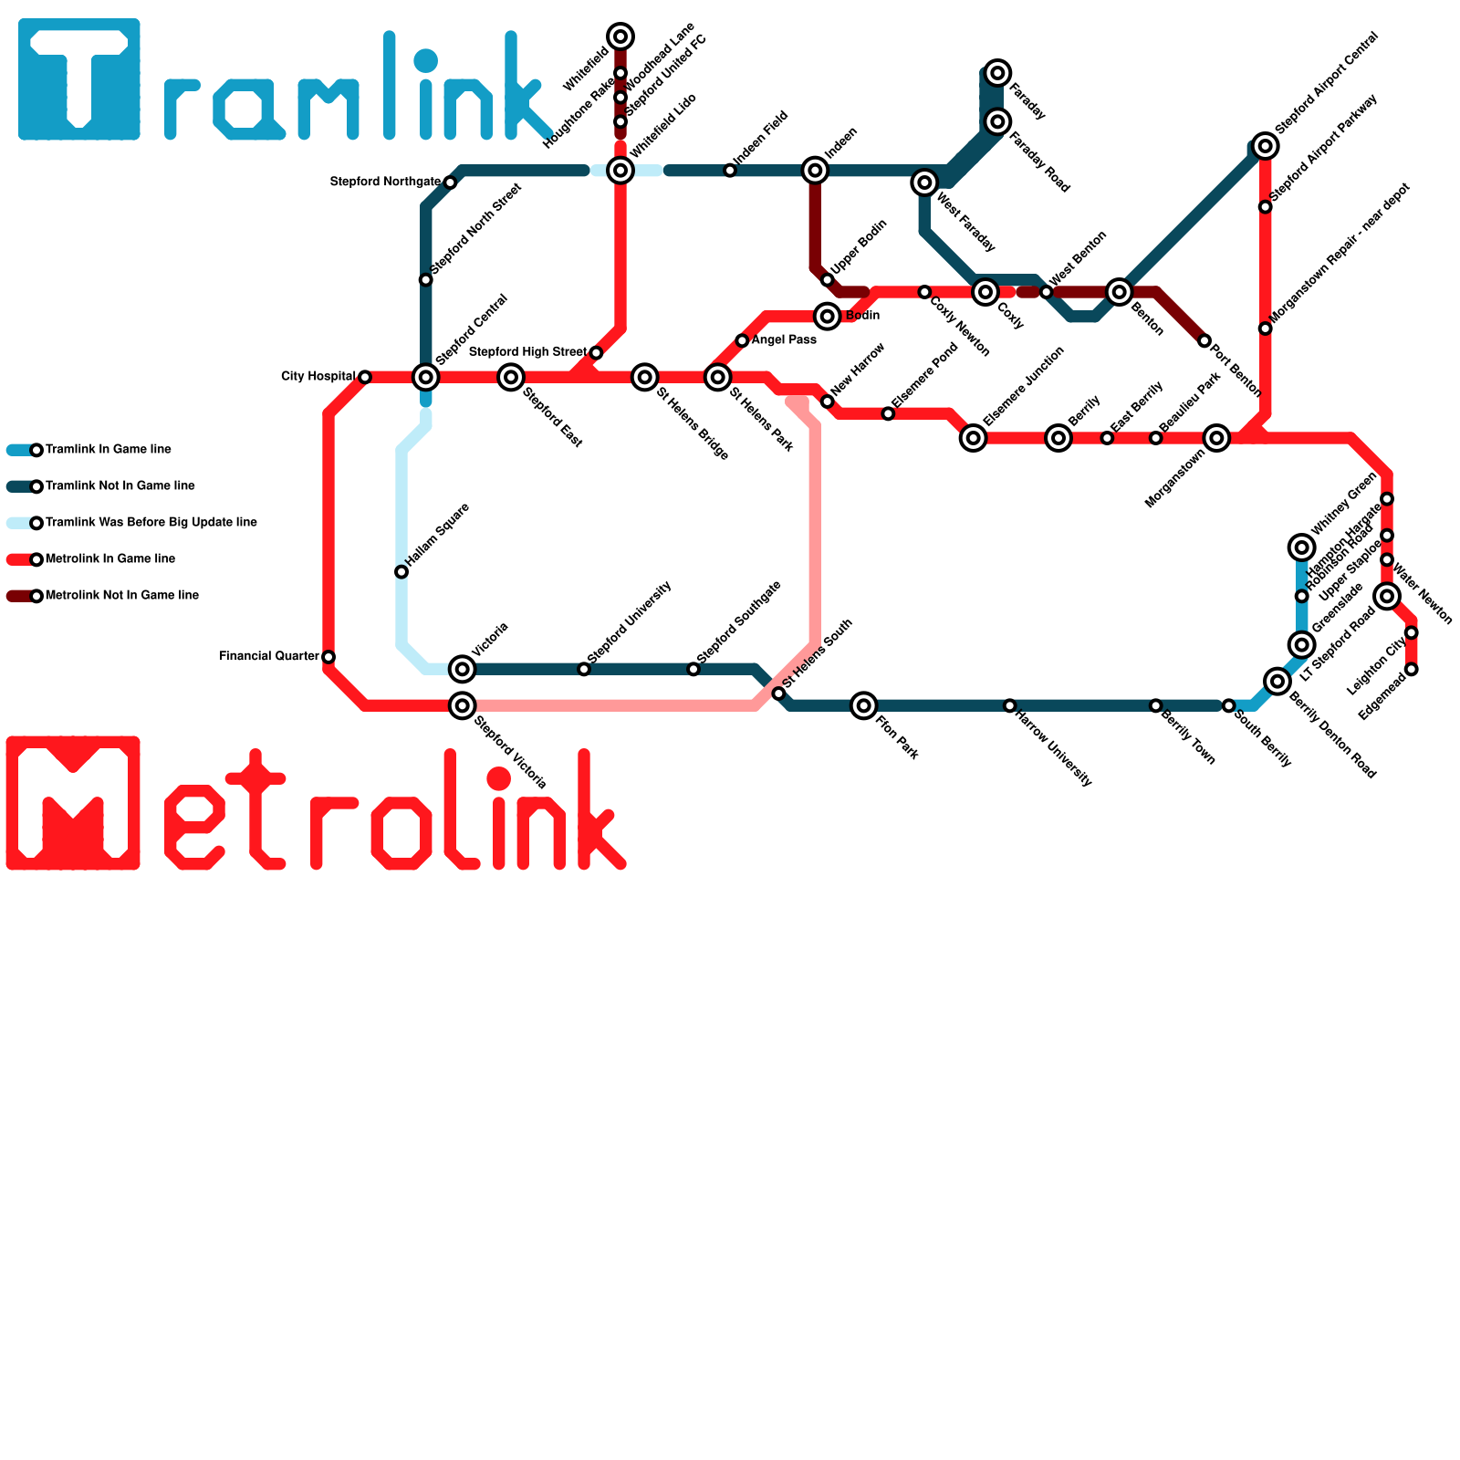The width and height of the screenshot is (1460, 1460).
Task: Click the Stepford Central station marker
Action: click(x=425, y=377)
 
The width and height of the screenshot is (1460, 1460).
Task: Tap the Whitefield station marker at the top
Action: click(x=620, y=36)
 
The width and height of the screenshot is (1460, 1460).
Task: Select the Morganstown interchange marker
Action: click(x=1216, y=438)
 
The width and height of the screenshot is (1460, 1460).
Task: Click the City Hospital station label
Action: click(x=318, y=377)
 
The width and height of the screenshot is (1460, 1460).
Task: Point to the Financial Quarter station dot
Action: click(x=328, y=657)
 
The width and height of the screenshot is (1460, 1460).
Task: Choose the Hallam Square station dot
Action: click(x=401, y=572)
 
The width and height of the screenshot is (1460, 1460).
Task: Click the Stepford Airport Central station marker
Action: click(x=1265, y=145)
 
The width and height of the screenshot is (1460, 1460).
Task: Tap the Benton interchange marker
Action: click(x=1120, y=292)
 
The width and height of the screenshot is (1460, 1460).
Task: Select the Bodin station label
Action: click(x=862, y=316)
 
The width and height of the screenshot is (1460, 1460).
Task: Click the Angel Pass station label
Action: click(x=784, y=340)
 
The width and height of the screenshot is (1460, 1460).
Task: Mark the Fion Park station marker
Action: click(x=863, y=705)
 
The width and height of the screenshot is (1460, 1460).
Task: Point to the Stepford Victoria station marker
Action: click(x=463, y=705)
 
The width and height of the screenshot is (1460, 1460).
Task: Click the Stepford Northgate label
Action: click(x=385, y=182)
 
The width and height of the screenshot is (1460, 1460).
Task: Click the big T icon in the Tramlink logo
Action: click(x=79, y=79)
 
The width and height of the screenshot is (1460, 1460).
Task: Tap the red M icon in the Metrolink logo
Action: click(x=73, y=803)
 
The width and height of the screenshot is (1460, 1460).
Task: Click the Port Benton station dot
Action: click(x=1204, y=341)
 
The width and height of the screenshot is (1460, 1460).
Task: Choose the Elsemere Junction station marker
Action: click(x=974, y=438)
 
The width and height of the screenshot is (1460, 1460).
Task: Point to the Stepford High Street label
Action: click(x=527, y=352)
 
